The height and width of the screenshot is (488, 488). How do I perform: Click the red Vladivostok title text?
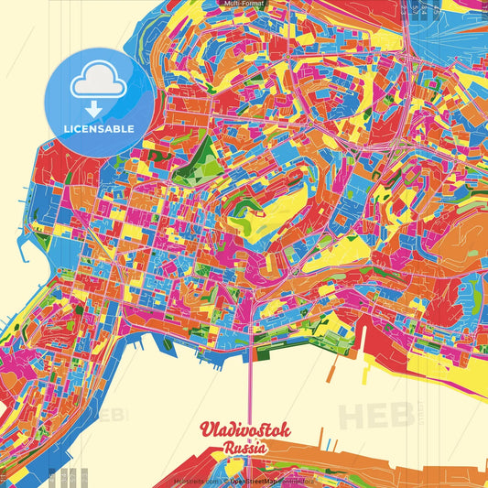(x=244, y=431)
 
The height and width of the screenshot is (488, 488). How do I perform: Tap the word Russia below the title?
(x=244, y=449)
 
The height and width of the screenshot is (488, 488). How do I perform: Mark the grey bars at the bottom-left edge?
(x=69, y=477)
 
